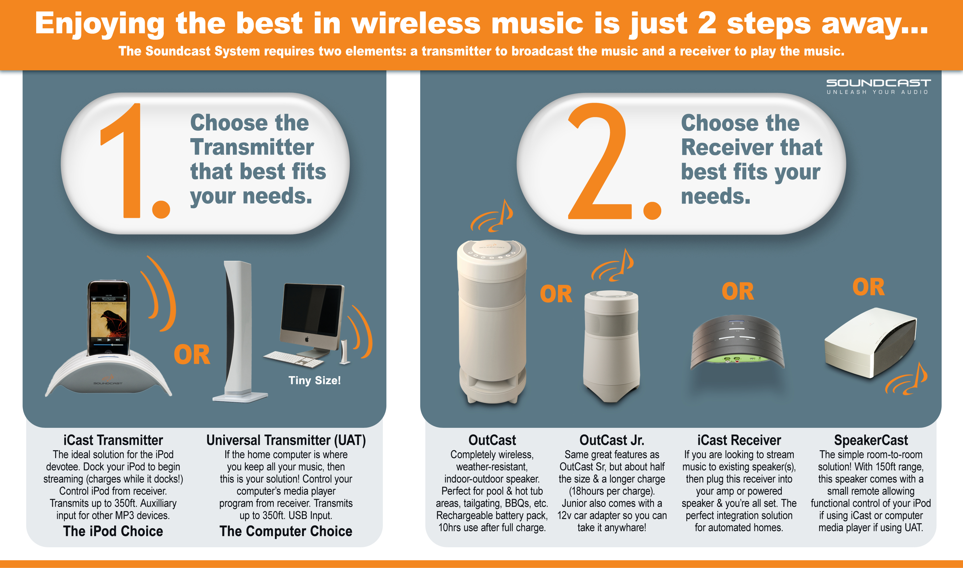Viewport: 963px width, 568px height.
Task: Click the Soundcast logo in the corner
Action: coord(878,86)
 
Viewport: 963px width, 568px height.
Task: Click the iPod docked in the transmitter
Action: coord(109,318)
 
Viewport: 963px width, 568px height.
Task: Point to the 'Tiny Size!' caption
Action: coord(314,381)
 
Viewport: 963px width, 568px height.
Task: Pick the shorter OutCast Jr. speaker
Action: coord(611,345)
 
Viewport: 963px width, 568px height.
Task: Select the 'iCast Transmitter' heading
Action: coord(113,440)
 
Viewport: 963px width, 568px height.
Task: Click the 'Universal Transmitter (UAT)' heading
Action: coord(286,440)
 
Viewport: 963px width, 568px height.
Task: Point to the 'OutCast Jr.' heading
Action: coord(612,440)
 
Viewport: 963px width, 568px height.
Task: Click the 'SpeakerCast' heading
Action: coord(870,440)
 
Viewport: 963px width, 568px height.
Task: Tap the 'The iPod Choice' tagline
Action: coord(113,531)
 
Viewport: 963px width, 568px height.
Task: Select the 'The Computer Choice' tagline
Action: coord(286,531)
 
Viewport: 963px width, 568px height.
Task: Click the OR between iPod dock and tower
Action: coord(192,355)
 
